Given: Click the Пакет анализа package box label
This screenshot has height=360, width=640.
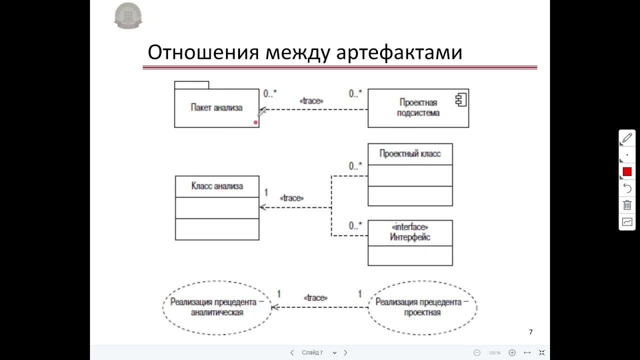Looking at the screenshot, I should pos(216,107).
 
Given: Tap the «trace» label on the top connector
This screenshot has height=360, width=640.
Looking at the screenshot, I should pos(311,101).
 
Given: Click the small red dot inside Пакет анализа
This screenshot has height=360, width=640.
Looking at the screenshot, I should pos(255,122).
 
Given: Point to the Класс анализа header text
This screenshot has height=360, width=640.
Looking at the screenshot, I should pos(217,186).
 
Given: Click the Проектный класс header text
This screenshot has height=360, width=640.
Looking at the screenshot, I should pos(410,153).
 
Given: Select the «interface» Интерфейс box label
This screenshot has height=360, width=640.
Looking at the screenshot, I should pos(410,232).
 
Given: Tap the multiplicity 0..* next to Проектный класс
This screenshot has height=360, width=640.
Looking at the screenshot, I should pos(355,166).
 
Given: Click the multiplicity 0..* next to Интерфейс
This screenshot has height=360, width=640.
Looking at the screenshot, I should pos(355,226).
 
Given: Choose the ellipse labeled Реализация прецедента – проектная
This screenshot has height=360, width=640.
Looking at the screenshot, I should pos(422,307).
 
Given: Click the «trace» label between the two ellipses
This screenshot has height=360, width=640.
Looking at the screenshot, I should pos(315,298).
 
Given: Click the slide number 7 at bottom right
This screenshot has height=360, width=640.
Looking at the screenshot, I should pos(530,332).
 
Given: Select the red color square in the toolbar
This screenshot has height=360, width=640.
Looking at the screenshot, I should pos(627,172).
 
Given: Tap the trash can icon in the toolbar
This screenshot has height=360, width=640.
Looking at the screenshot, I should pos(627,205).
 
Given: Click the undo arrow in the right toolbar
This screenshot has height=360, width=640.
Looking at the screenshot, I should pos(627,188).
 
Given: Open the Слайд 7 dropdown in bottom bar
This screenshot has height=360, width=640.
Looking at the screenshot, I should pos(334,352).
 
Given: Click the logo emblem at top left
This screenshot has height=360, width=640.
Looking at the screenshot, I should pos(128,15).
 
